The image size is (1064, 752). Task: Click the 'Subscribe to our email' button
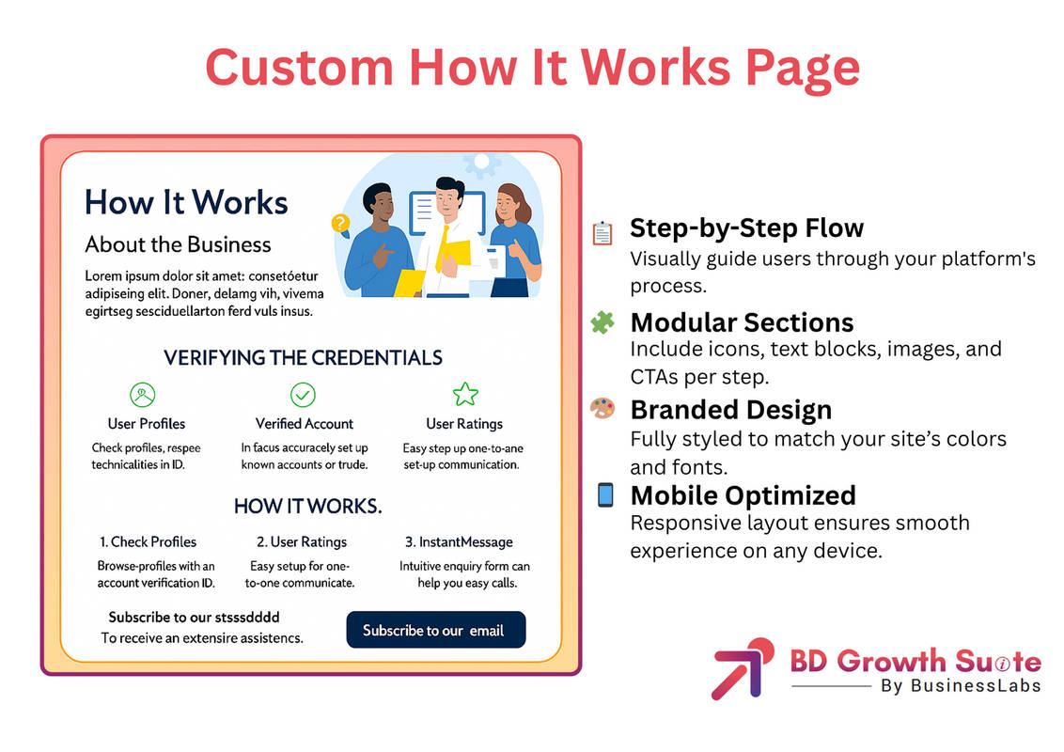435,630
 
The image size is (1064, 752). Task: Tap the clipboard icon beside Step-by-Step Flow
602,233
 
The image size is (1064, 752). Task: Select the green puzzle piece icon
602,321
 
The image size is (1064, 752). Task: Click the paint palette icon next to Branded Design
602,408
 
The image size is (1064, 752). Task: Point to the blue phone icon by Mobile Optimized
605,494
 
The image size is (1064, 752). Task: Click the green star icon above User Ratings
465,394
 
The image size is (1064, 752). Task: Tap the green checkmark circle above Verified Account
303,394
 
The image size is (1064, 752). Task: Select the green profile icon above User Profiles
143,394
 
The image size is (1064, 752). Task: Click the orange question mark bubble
340,224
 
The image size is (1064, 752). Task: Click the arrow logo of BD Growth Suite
743,667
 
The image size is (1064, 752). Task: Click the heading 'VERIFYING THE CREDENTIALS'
303,358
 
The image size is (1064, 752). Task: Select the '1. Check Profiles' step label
148,541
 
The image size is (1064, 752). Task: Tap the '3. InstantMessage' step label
459,541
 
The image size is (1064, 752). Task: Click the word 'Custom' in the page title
299,67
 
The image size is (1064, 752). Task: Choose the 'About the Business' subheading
178,244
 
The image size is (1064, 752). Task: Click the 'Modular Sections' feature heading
742,322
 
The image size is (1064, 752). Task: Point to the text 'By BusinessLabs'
961,685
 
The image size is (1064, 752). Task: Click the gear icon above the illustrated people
481,163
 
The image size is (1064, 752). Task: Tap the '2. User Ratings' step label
302,541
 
